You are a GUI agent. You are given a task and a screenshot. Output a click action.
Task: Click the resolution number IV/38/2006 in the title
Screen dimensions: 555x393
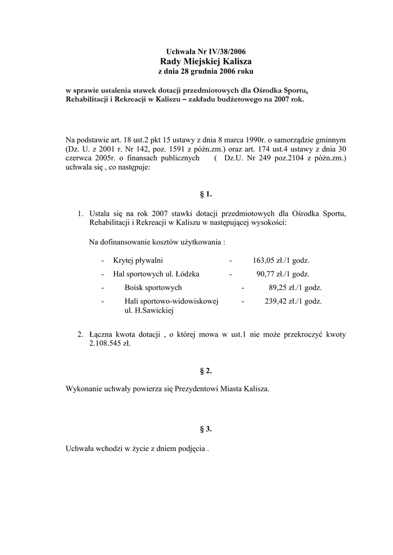pos(223,51)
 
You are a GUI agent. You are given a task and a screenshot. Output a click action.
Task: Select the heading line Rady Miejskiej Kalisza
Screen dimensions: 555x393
pos(206,61)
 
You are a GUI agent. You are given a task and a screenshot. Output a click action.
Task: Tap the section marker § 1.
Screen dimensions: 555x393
pos(206,193)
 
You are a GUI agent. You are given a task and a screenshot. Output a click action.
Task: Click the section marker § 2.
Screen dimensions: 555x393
pos(206,371)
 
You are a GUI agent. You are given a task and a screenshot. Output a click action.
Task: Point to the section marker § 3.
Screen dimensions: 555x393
pos(206,429)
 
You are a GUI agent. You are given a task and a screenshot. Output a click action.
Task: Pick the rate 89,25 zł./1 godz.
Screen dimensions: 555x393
pos(295,288)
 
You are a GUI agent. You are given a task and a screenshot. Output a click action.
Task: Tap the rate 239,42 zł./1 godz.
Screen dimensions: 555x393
pos(293,301)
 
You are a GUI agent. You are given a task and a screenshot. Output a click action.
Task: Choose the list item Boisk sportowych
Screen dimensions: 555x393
pos(153,288)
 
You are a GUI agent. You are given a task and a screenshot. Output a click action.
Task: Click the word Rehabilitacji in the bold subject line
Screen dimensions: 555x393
pos(86,100)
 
